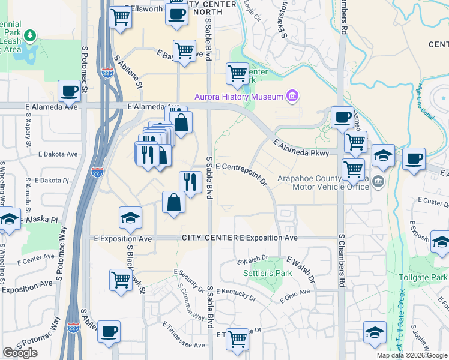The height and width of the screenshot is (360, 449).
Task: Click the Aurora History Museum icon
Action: (293, 96)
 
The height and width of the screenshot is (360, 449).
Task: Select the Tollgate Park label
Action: (423, 277)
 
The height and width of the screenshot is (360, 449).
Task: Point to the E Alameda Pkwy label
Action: (301, 149)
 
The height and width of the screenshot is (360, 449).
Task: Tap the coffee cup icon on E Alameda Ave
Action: (70, 91)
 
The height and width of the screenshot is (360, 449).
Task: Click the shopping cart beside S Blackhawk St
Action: (121, 280)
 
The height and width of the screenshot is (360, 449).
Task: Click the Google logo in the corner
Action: (20, 353)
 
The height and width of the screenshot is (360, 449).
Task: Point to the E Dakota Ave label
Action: (58, 154)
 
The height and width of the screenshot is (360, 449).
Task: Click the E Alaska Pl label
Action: (39, 220)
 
